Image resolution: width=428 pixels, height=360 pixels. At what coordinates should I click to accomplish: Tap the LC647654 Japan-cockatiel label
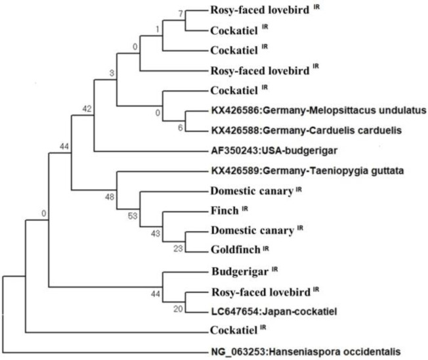click(274, 311)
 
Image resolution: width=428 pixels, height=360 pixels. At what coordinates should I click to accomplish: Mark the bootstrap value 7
click(181, 13)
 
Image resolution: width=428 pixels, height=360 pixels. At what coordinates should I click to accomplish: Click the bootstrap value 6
click(181, 127)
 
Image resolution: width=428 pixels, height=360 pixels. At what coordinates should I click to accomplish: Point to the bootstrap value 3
click(112, 72)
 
